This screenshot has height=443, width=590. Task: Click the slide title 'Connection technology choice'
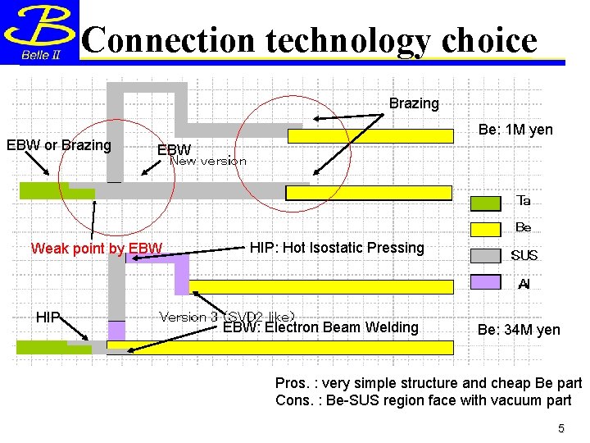pyautogui.click(x=310, y=39)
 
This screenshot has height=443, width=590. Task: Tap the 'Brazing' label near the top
pyautogui.click(x=414, y=103)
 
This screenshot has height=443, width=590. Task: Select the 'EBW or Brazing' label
pyautogui.click(x=59, y=145)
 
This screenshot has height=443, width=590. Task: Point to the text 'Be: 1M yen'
pyautogui.click(x=515, y=130)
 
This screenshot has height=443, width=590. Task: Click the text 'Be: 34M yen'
pyautogui.click(x=519, y=330)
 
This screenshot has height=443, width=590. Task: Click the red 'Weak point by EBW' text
pyautogui.click(x=97, y=249)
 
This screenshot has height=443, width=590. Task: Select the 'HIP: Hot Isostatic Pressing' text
pyautogui.click(x=337, y=248)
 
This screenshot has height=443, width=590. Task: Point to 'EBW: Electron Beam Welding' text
pyautogui.click(x=320, y=327)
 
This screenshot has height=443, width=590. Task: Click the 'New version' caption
pyautogui.click(x=207, y=162)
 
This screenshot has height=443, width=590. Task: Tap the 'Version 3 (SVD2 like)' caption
pyautogui.click(x=227, y=316)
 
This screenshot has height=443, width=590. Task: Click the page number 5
pyautogui.click(x=561, y=428)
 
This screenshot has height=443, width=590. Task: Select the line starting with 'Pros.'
pyautogui.click(x=428, y=384)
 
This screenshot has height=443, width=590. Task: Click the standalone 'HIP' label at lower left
pyautogui.click(x=47, y=317)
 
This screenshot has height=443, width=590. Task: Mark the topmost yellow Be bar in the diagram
pyautogui.click(x=370, y=135)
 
